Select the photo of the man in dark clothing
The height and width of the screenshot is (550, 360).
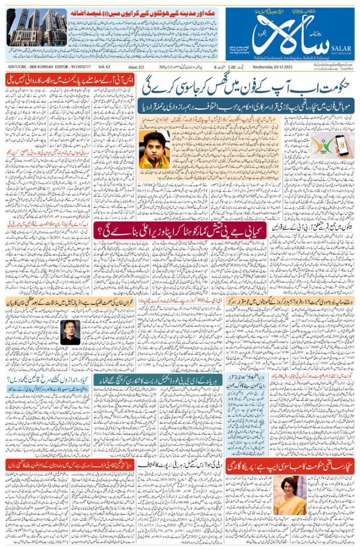pyautogui.click(x=70, y=332)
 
